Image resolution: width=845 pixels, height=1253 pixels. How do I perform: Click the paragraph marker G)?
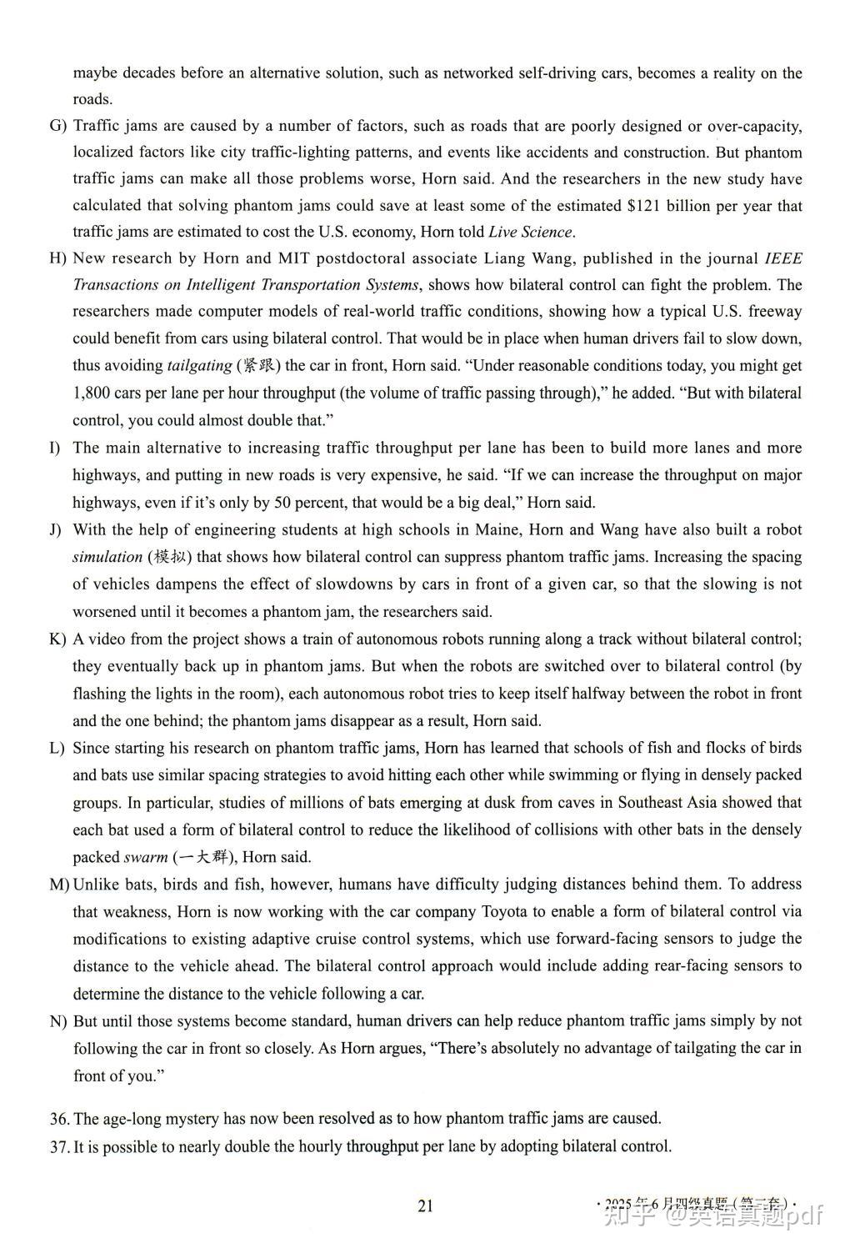click(57, 127)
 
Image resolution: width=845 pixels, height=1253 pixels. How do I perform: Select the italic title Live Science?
click(530, 232)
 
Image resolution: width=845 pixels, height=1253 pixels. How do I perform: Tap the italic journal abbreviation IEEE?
click(782, 258)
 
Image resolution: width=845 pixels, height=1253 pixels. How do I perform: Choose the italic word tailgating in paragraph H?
click(200, 365)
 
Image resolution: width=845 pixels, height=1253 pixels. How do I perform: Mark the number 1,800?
click(92, 393)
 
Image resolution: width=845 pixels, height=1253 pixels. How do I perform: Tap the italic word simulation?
click(107, 557)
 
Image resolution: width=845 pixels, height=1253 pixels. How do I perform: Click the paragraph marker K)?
click(57, 639)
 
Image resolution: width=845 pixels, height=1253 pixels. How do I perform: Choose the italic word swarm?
click(145, 857)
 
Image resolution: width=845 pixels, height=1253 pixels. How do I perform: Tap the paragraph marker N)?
click(58, 1021)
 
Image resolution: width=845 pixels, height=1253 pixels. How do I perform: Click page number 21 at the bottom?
click(426, 1205)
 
